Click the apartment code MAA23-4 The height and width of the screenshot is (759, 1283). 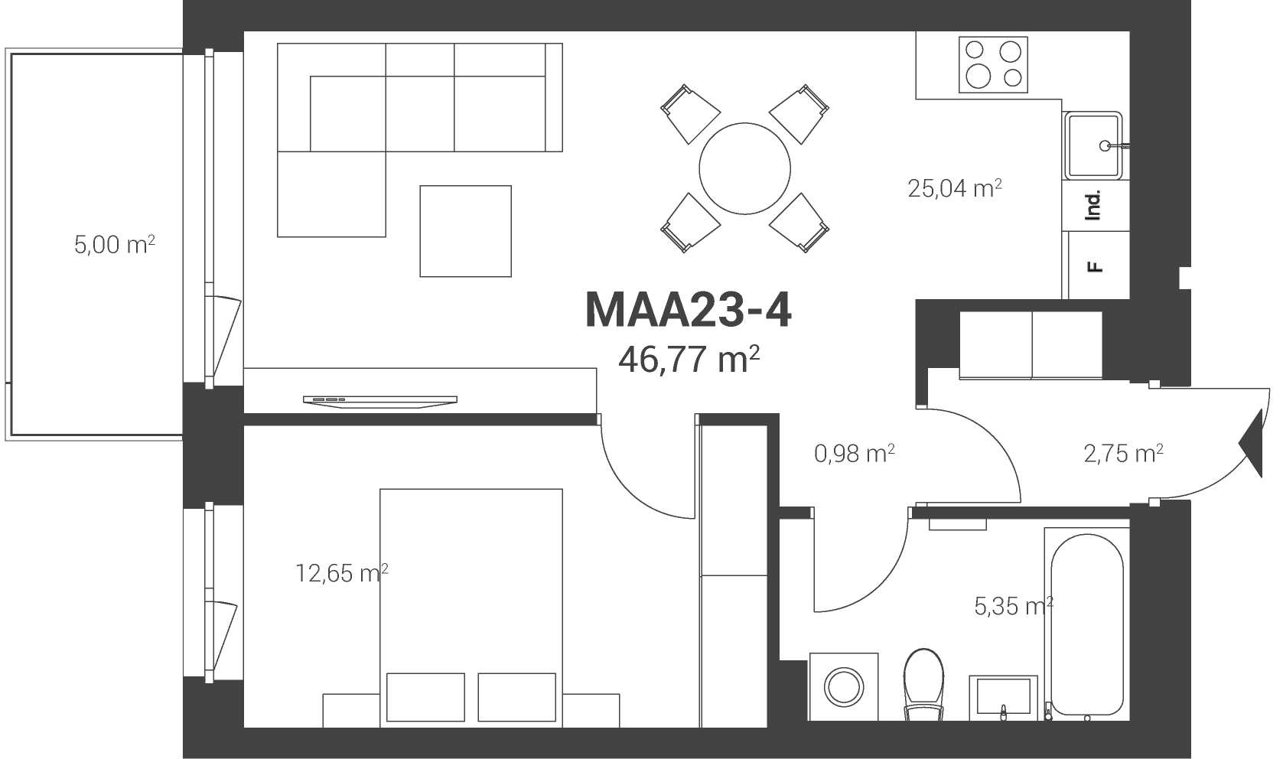(x=688, y=310)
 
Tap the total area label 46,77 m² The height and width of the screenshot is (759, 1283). (x=689, y=359)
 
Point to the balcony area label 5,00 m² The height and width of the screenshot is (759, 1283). (x=115, y=245)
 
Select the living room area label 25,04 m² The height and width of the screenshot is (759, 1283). (x=955, y=188)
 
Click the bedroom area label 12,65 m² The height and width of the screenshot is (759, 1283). (x=341, y=573)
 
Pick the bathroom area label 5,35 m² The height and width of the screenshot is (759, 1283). (x=1014, y=605)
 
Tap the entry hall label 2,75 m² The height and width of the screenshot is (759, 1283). (x=1123, y=454)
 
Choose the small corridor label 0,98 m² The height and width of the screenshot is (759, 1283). (x=854, y=454)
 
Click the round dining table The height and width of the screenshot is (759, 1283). (x=744, y=168)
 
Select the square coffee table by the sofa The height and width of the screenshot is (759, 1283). (x=466, y=231)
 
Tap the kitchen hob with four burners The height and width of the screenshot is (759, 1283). (x=993, y=65)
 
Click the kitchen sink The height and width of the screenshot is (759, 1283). (x=1093, y=145)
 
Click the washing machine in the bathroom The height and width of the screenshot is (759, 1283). (x=844, y=686)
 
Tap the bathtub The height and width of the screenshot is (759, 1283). (x=1086, y=624)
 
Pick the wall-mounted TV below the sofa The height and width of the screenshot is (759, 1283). (x=380, y=402)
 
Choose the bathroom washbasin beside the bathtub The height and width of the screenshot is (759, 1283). (x=1003, y=698)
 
